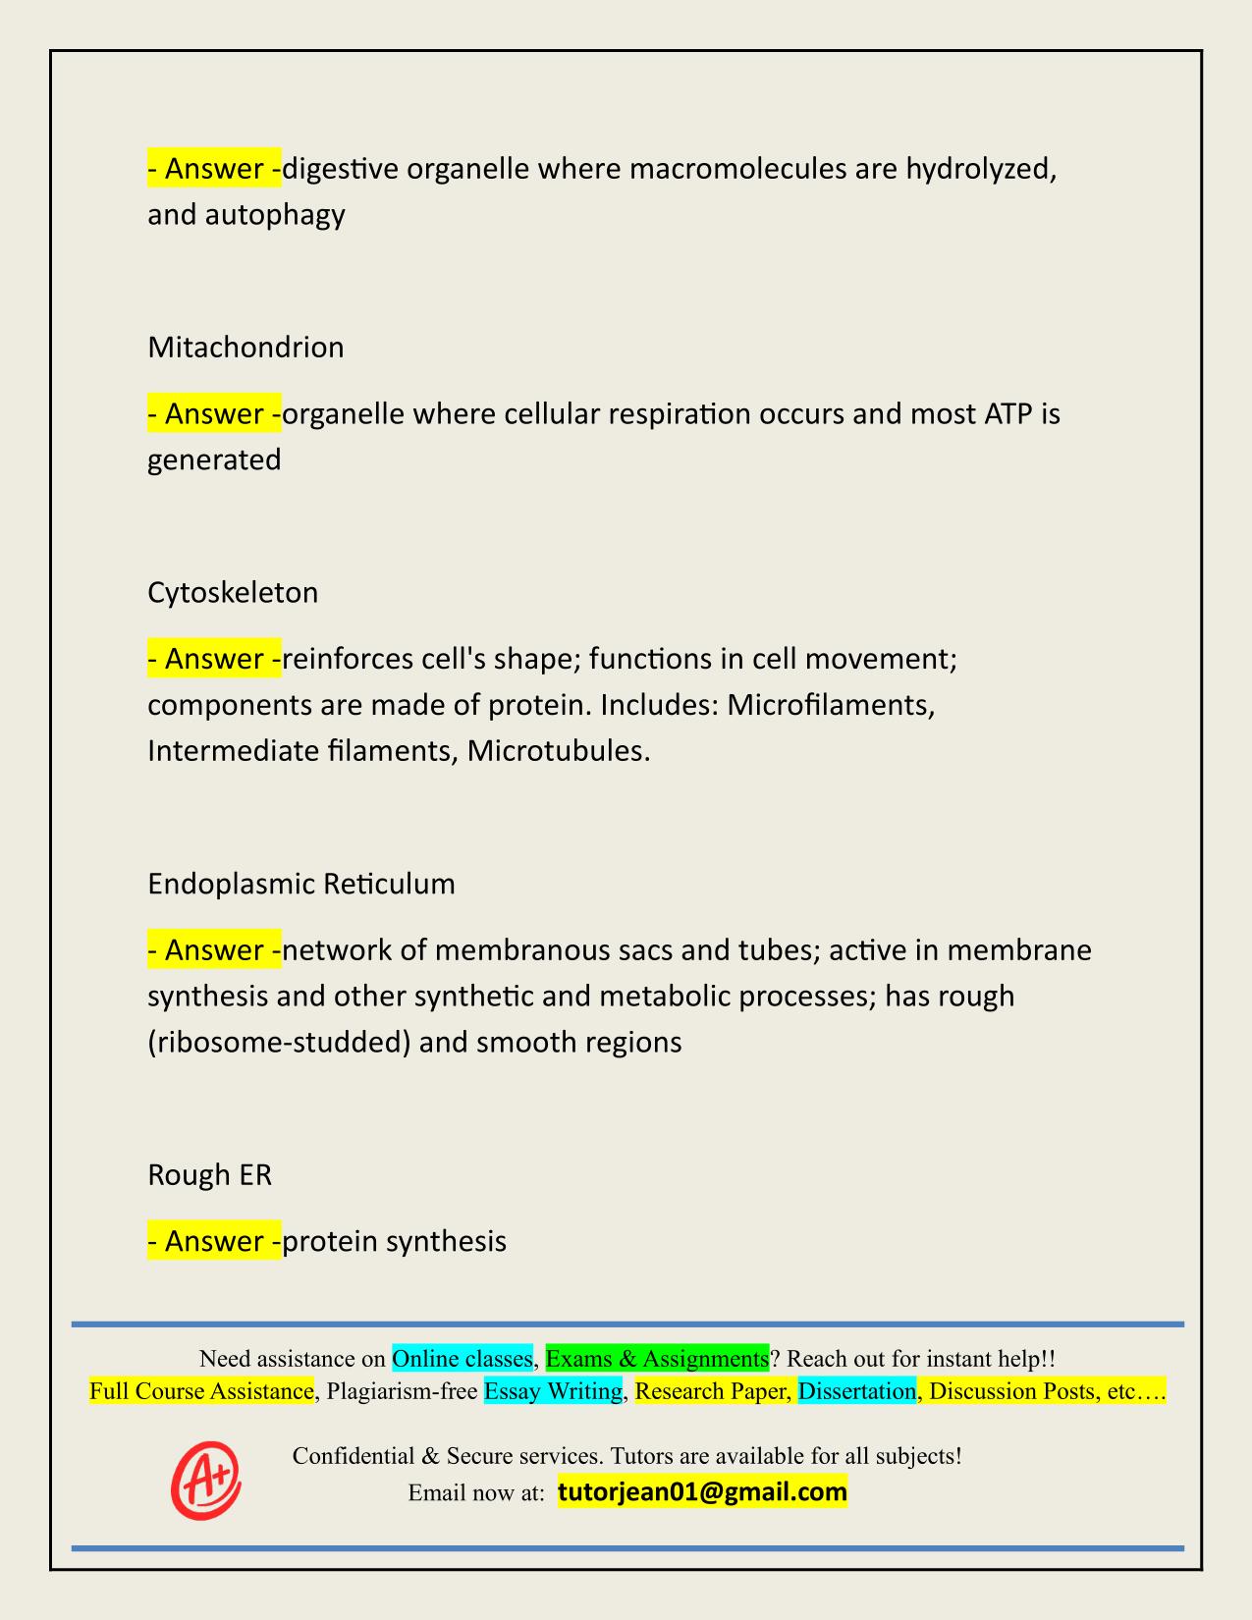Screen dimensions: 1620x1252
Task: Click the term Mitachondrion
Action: pyautogui.click(x=245, y=348)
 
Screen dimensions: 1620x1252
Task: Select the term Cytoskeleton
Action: pyautogui.click(x=233, y=593)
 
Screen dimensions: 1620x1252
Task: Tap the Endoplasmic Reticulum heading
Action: pyautogui.click(x=301, y=885)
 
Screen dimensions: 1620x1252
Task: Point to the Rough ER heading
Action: pyautogui.click(x=209, y=1175)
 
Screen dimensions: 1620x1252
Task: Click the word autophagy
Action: pyautogui.click(x=275, y=214)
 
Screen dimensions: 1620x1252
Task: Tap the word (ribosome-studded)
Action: pyautogui.click(x=278, y=1042)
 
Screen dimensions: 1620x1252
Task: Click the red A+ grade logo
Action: pyautogui.click(x=206, y=1480)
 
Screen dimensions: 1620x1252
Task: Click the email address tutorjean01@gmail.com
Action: pyautogui.click(x=702, y=1492)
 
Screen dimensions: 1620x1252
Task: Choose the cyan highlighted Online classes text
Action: pyautogui.click(x=462, y=1359)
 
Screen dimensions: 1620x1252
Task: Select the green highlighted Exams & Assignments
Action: pyautogui.click(x=657, y=1359)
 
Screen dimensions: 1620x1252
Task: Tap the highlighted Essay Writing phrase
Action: pyautogui.click(x=553, y=1391)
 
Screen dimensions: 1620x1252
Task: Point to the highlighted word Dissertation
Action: pyautogui.click(x=856, y=1391)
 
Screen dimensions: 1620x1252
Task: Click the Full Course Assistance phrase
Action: pyautogui.click(x=201, y=1391)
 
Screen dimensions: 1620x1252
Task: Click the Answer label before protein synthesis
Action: pyautogui.click(x=214, y=1242)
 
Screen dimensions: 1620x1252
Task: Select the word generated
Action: pyautogui.click(x=214, y=459)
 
